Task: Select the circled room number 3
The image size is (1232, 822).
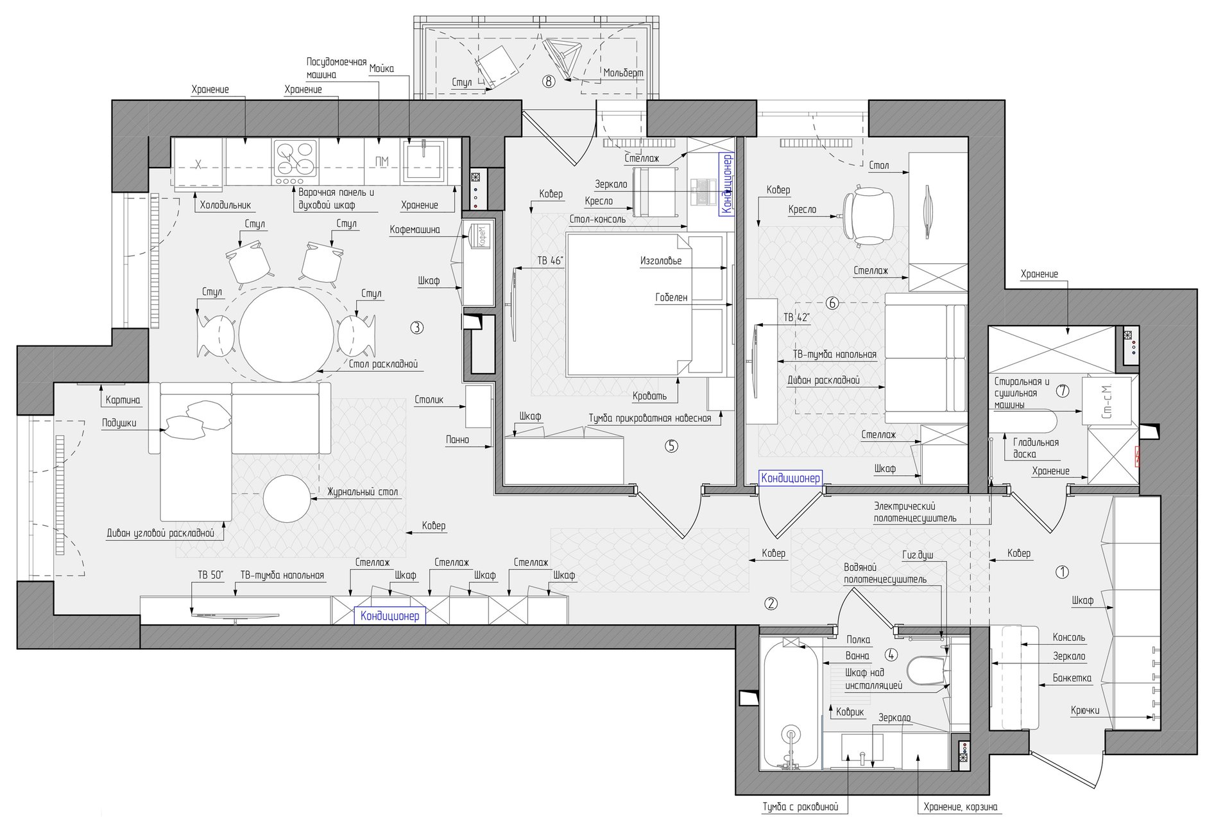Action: coord(416,328)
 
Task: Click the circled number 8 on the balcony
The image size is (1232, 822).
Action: coord(548,82)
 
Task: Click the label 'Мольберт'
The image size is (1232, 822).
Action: coord(623,73)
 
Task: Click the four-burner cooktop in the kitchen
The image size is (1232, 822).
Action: coord(296,159)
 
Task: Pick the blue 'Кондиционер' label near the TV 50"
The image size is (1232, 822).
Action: coord(389,616)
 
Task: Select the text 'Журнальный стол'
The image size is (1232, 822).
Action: coord(363,492)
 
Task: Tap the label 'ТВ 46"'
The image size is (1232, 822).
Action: coord(551,261)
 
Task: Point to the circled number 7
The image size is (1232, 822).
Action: coord(1063,390)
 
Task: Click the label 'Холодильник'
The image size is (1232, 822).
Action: coord(225,205)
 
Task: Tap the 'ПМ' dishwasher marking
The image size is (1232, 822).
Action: coord(381,162)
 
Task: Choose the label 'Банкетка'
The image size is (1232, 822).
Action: coord(1072,678)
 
